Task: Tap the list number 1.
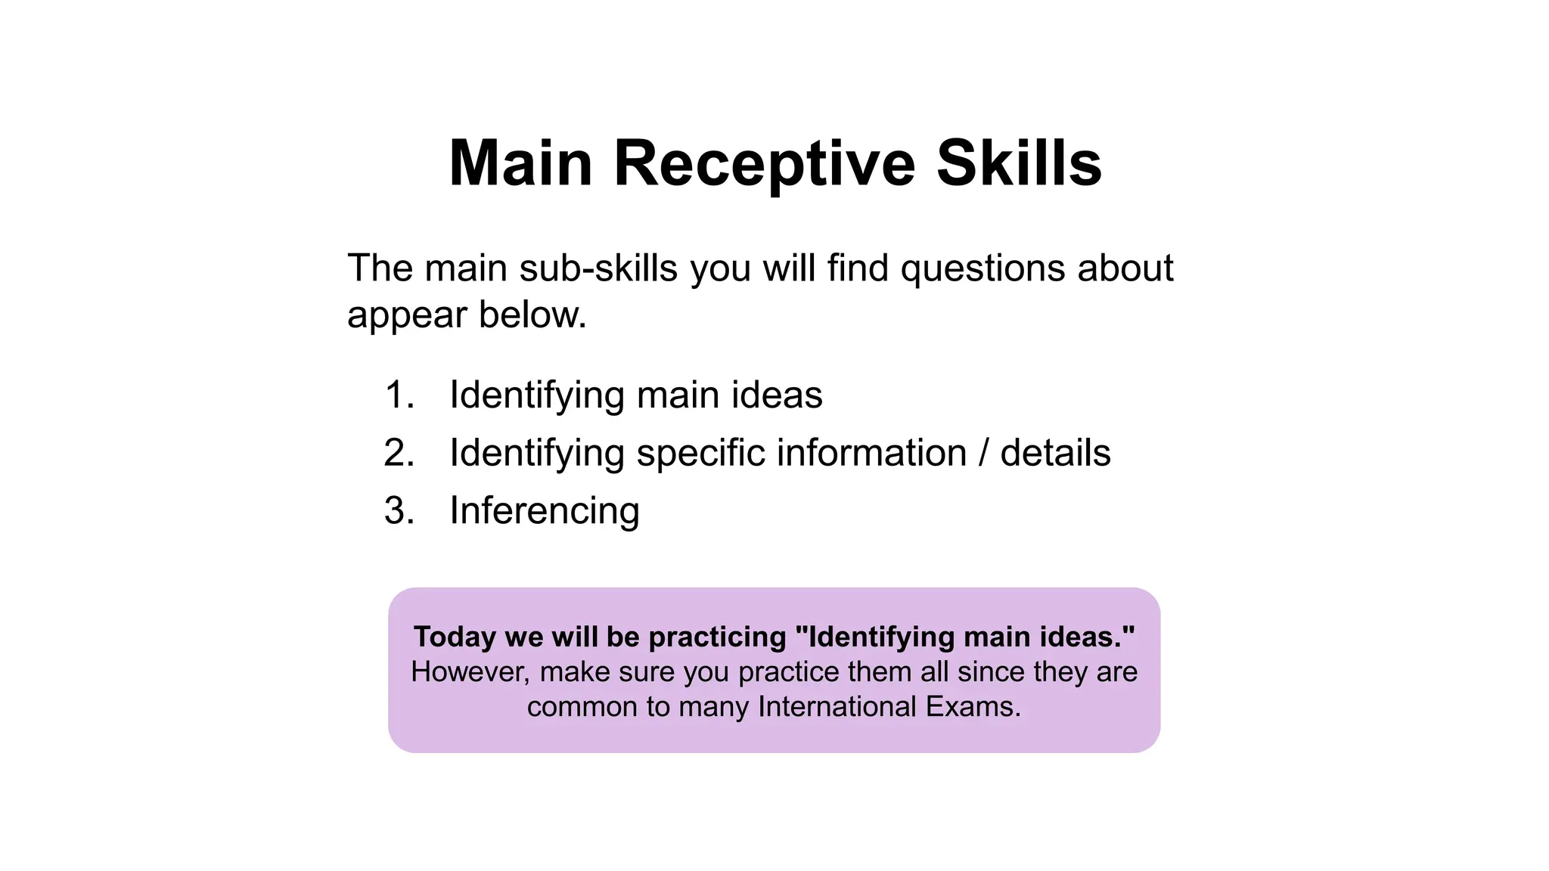pyautogui.click(x=399, y=395)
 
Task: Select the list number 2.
pyautogui.click(x=399, y=453)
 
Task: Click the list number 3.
pyautogui.click(x=399, y=510)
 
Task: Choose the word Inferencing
pyautogui.click(x=545, y=511)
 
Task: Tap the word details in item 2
pyautogui.click(x=1055, y=453)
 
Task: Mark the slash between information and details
pyautogui.click(x=983, y=453)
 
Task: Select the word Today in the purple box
pyautogui.click(x=455, y=637)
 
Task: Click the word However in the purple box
pyautogui.click(x=470, y=672)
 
